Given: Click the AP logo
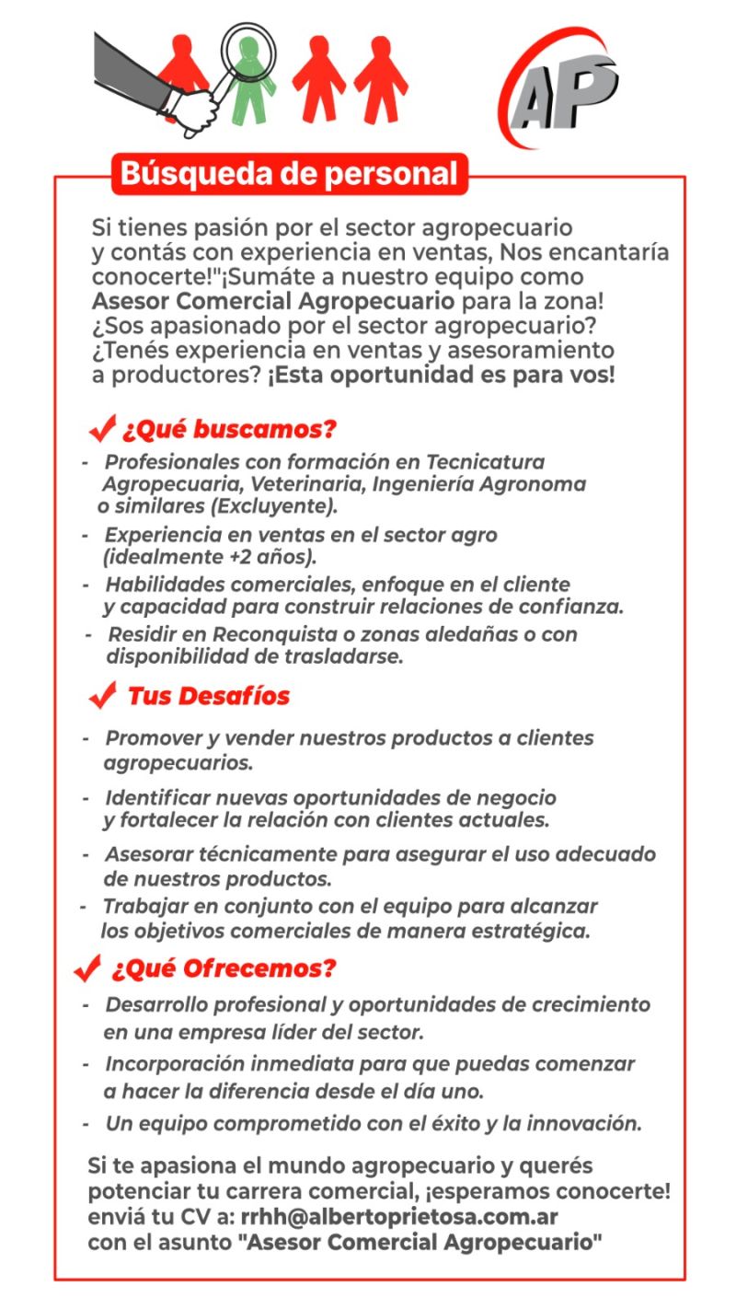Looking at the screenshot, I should point(560,87).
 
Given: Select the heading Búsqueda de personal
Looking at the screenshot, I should point(289,173).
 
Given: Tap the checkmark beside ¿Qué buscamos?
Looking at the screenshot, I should point(101,430).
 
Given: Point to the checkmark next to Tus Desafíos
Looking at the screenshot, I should point(102,697).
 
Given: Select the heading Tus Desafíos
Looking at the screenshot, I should point(208,696).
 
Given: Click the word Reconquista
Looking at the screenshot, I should point(266,634).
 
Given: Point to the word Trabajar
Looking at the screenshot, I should point(143,906).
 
